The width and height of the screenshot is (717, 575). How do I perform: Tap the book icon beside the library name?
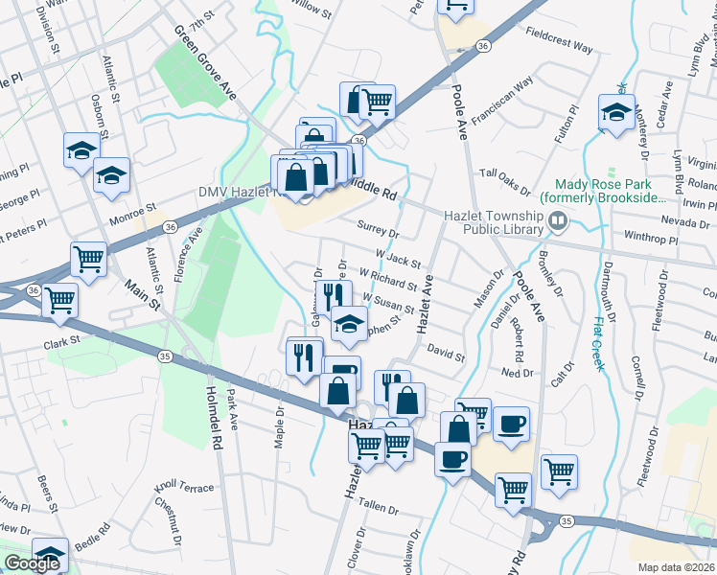point(557,223)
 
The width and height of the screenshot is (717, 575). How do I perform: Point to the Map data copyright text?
point(677,567)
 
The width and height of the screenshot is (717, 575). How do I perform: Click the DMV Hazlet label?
point(236,192)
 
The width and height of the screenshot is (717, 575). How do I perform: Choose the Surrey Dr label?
point(376,230)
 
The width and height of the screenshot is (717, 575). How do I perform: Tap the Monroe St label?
point(137,208)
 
